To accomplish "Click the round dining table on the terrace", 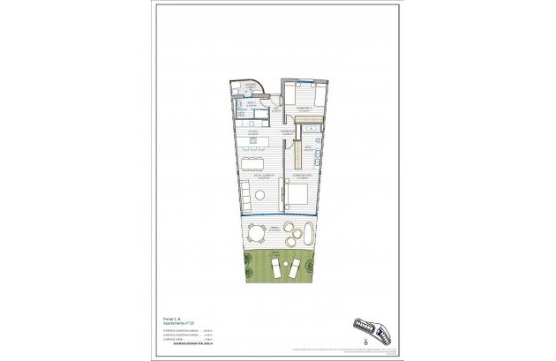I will [256, 234].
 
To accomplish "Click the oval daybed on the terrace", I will [311, 236].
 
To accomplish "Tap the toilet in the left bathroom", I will [240, 113].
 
